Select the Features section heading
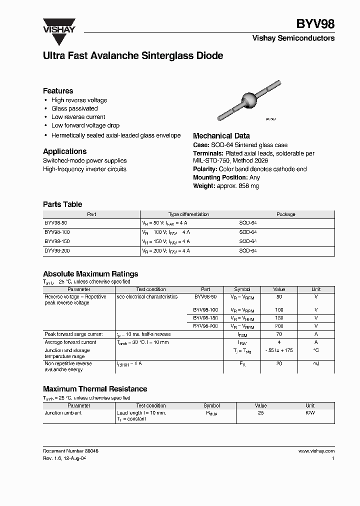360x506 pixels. [58, 90]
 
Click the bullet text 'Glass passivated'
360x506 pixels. [74, 108]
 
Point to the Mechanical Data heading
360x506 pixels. [221, 135]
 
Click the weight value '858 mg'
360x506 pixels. [248, 186]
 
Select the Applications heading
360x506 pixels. [64, 151]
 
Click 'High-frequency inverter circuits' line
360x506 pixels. [84, 169]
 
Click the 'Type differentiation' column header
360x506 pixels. [188, 214]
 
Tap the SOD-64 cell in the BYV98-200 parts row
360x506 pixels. [248, 250]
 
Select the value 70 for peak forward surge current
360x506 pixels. [279, 334]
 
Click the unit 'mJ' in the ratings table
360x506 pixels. [316, 364]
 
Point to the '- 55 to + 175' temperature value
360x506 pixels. [279, 351]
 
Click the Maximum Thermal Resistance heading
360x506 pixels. [95, 388]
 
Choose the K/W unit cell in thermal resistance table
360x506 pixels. [310, 413]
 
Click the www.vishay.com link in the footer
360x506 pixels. [316, 450]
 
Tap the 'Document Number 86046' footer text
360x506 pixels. [70, 450]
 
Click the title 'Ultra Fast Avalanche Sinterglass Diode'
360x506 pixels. [133, 56]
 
